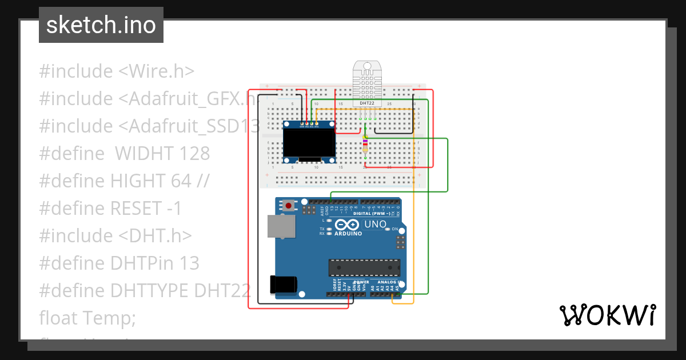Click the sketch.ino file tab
[101, 25]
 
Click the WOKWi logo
[607, 315]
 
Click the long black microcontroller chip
[364, 267]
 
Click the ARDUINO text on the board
[349, 234]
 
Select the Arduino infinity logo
[348, 225]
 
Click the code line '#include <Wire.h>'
[117, 71]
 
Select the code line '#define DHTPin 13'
[119, 263]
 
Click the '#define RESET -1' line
[110, 208]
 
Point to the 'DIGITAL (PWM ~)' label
[372, 213]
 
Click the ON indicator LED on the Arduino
[388, 229]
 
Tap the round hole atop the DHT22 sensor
[367, 67]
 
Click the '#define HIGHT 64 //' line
[124, 181]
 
